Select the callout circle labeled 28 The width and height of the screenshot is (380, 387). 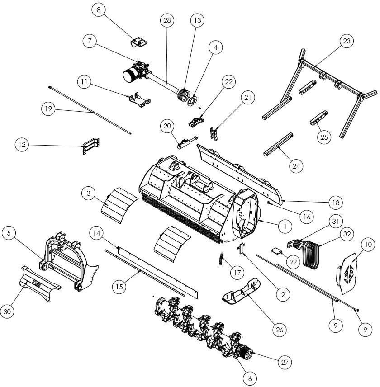point(167,20)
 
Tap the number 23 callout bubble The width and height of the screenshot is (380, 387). point(347,41)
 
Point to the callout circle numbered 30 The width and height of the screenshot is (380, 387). point(8,311)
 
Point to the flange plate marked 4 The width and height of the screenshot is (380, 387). point(195,101)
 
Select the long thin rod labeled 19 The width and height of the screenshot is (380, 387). point(90,110)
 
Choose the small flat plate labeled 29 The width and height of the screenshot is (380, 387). point(278,251)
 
